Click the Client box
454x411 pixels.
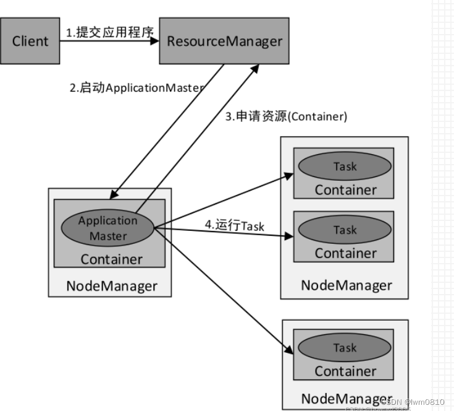click(30, 41)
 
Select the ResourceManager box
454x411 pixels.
click(224, 41)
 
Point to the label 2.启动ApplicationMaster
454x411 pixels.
click(136, 88)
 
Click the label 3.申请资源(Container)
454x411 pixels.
click(285, 116)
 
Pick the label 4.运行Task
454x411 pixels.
click(234, 226)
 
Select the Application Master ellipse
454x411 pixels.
click(107, 228)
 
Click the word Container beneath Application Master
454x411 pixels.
click(111, 259)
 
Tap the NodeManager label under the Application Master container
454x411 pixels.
click(111, 286)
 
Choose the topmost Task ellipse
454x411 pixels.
click(345, 166)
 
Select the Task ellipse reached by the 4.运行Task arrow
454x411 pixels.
click(345, 230)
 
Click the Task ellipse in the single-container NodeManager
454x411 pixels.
click(345, 348)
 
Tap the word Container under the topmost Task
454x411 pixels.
click(345, 189)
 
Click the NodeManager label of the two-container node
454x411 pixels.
click(346, 285)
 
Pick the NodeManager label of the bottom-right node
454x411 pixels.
click(346, 398)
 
